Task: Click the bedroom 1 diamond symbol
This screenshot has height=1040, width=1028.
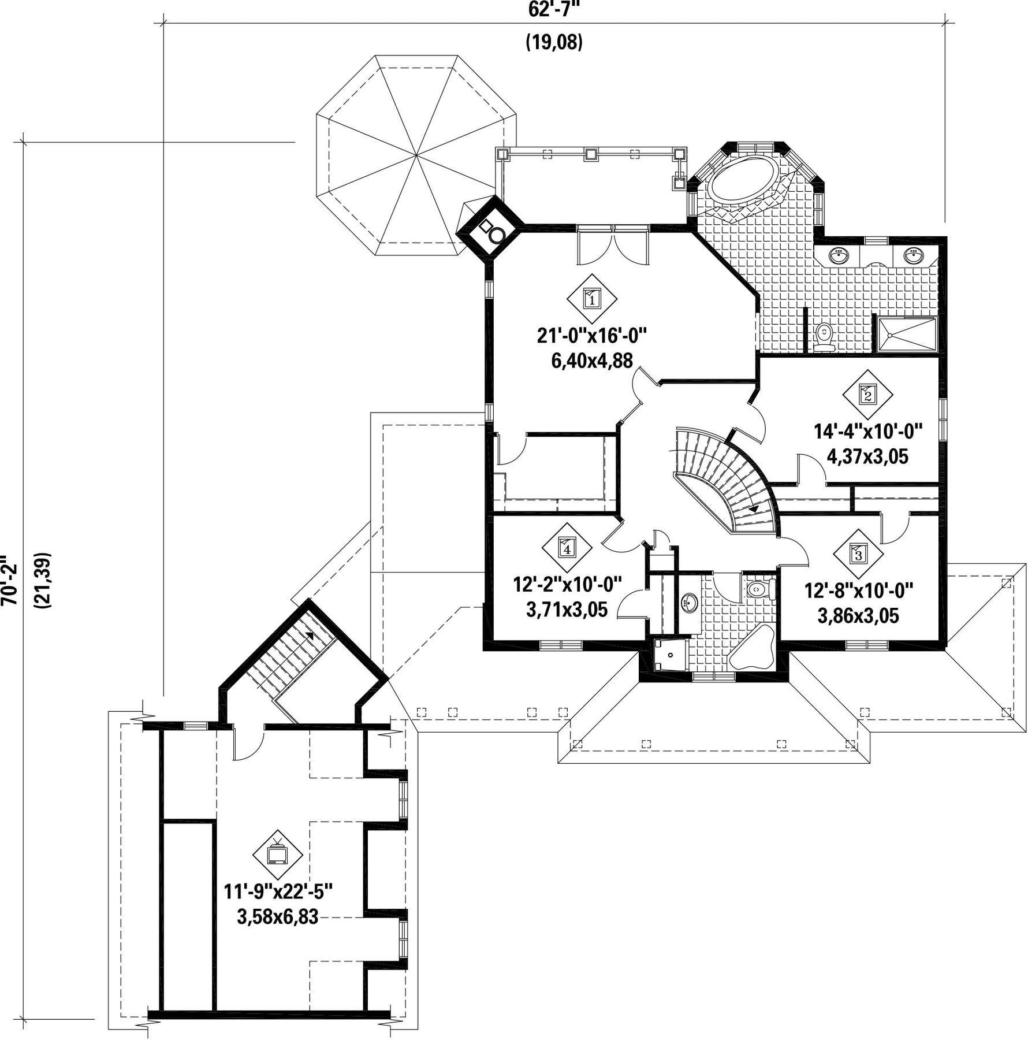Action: click(x=591, y=299)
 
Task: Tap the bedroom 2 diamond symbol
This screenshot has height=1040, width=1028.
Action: click(x=867, y=395)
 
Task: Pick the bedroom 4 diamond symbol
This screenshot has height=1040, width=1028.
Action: click(x=567, y=548)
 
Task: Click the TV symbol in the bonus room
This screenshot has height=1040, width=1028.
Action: click(x=278, y=854)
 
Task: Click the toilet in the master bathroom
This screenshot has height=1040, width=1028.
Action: click(x=824, y=337)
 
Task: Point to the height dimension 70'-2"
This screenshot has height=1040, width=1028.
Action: click(x=7, y=581)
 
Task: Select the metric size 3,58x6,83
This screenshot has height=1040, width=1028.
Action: click(x=277, y=916)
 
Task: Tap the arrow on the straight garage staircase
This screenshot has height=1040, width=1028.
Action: click(x=310, y=634)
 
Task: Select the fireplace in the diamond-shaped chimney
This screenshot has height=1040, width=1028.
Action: click(x=490, y=229)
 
